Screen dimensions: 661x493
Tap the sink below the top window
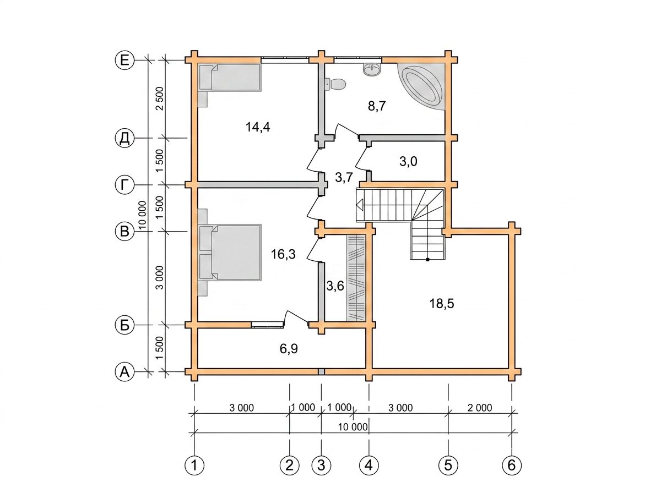pyautogui.click(x=372, y=70)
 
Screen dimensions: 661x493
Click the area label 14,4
pyautogui.click(x=258, y=127)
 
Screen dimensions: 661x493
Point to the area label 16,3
pyautogui.click(x=283, y=254)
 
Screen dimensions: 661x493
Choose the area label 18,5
pyautogui.click(x=442, y=304)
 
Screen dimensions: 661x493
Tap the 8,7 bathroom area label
pyautogui.click(x=377, y=106)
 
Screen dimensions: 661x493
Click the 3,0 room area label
pyautogui.click(x=408, y=162)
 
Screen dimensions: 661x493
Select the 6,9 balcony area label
pyautogui.click(x=289, y=349)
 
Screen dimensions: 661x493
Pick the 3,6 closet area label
pyautogui.click(x=335, y=286)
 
